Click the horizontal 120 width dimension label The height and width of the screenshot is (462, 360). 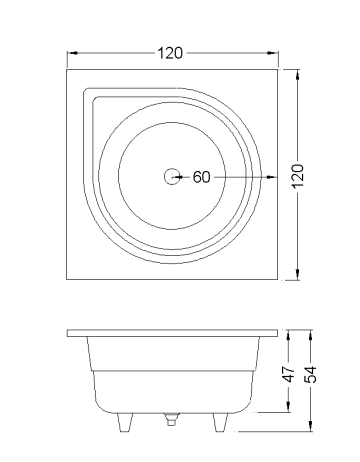(x=170, y=53)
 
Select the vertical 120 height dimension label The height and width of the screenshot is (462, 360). (x=298, y=175)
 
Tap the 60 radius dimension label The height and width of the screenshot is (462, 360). (x=202, y=177)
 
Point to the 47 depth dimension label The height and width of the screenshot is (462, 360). (x=289, y=374)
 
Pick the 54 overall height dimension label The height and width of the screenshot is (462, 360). (x=311, y=374)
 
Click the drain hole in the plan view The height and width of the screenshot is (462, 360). (x=172, y=177)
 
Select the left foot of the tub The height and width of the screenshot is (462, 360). (x=125, y=423)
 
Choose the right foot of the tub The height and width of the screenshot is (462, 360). (x=220, y=423)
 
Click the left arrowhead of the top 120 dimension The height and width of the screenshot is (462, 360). (x=73, y=53)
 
